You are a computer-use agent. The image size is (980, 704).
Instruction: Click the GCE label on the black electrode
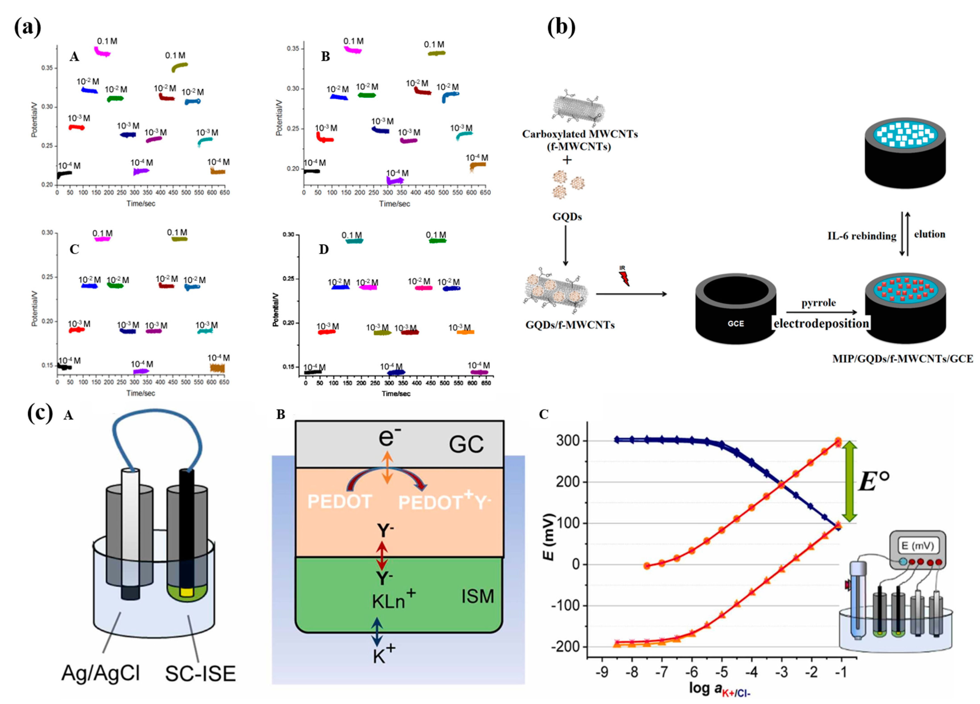pos(736,323)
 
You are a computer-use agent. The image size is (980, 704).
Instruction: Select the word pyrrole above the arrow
pos(818,303)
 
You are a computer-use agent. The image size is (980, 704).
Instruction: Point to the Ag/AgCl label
pos(100,673)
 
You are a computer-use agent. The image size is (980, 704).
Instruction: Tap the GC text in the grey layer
pos(466,444)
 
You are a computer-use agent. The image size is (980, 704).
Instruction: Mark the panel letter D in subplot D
pos(324,250)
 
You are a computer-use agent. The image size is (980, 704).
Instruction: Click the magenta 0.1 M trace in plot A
pos(102,52)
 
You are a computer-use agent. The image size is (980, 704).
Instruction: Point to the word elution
pos(930,234)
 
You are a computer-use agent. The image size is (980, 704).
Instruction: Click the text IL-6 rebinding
pos(862,236)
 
